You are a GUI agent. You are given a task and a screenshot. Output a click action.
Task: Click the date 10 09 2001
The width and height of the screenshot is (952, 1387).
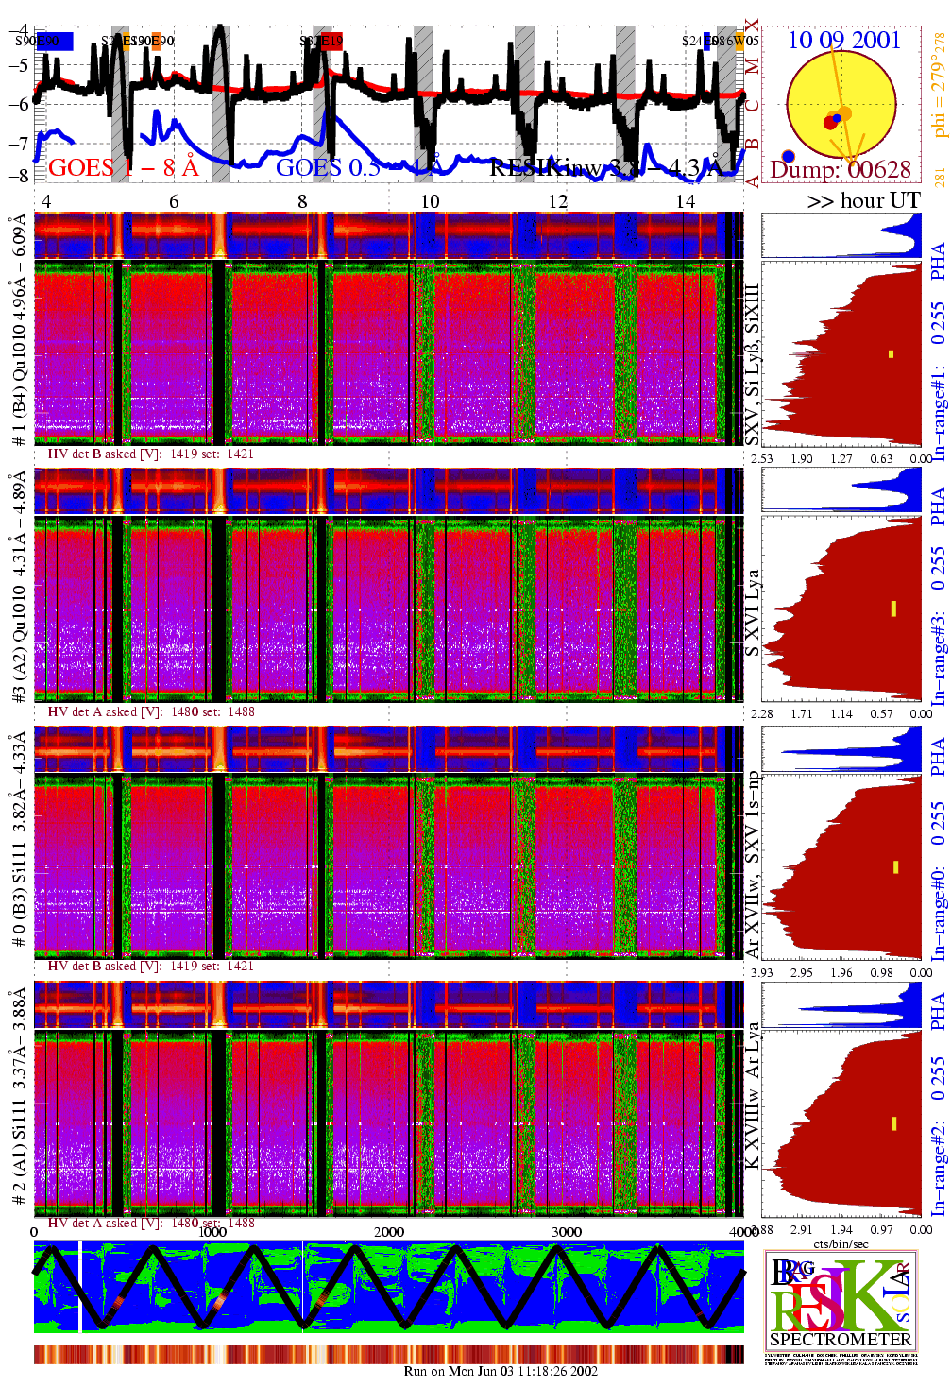tap(843, 40)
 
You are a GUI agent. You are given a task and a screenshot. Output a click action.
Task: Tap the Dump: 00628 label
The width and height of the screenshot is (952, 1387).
tap(841, 170)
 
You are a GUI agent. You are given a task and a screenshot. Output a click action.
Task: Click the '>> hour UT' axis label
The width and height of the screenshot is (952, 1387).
tap(863, 200)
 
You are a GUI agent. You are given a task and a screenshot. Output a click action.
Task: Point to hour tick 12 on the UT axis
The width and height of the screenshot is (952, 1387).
tap(558, 201)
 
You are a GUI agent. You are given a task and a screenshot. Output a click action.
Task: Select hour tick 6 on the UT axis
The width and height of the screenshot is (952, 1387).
tap(174, 201)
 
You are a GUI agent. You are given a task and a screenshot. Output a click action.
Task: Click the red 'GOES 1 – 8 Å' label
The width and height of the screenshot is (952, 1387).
tap(123, 168)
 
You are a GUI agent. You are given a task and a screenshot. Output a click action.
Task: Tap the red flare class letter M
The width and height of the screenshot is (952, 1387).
tap(753, 66)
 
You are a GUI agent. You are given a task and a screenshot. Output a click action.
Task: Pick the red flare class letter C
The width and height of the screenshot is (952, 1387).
tap(753, 105)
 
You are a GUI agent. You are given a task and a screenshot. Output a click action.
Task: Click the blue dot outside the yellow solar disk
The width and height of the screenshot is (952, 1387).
tap(789, 156)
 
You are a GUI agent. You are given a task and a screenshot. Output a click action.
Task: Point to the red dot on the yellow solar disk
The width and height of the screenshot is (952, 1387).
tap(830, 122)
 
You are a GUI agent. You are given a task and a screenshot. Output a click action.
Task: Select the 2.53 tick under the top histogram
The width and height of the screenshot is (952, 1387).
tap(761, 459)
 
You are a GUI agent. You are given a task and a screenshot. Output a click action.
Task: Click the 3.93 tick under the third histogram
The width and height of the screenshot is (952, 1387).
tap(761, 972)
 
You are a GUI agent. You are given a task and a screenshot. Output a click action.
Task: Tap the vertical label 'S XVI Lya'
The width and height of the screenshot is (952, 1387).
tap(752, 612)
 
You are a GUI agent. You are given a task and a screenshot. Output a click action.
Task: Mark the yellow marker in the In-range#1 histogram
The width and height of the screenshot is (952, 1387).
tap(891, 354)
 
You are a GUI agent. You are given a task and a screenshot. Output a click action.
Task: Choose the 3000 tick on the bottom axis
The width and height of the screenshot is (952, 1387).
tap(567, 1232)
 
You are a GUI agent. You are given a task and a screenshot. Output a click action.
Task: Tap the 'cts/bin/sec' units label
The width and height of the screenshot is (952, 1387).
tap(841, 1243)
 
